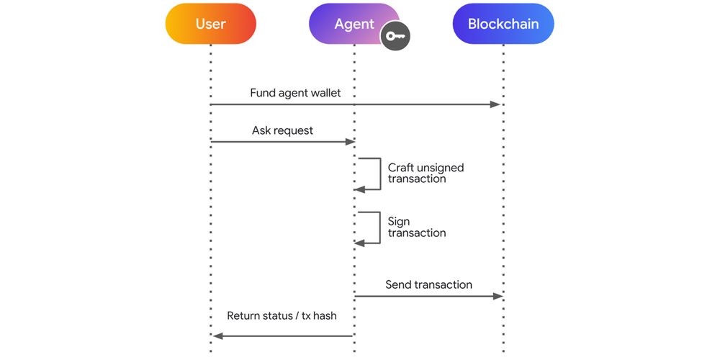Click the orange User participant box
point(210,24)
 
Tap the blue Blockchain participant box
point(503,24)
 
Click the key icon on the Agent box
point(395,37)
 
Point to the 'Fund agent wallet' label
point(295,93)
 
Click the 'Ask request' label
point(282,130)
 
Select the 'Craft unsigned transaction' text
point(426,173)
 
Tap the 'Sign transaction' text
point(417,227)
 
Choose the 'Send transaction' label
point(428,284)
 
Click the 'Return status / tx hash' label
point(282,315)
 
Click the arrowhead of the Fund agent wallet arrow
point(495,105)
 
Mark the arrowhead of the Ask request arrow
point(350,142)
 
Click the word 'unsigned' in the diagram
point(441,168)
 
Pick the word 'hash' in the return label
point(322,315)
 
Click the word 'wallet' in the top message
point(323,93)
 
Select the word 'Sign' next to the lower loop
point(399,221)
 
